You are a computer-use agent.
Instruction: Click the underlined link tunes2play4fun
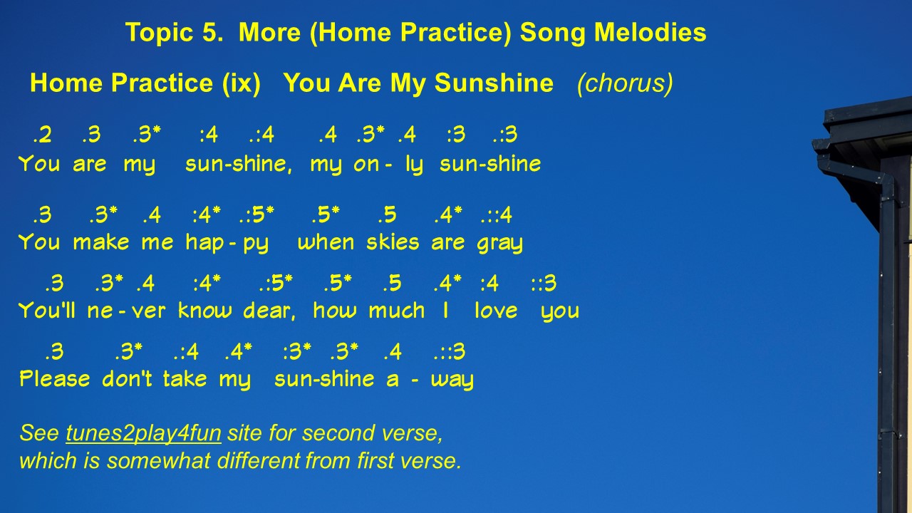(143, 433)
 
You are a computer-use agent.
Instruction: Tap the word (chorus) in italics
(625, 84)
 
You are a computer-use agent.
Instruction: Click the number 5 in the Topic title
(210, 32)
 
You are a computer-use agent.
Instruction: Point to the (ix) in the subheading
(242, 83)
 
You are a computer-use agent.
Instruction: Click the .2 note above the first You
(42, 135)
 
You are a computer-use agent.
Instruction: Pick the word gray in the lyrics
(500, 244)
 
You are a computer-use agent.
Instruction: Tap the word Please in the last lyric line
(55, 378)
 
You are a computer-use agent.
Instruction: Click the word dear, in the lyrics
(269, 311)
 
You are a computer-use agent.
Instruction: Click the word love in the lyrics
(496, 311)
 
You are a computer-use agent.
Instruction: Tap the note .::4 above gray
(497, 215)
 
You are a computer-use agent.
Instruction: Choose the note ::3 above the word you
(544, 284)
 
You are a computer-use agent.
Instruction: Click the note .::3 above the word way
(450, 352)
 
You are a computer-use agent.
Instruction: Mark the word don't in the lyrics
(127, 378)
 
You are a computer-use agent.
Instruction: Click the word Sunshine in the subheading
(494, 83)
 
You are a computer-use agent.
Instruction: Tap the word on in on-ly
(366, 165)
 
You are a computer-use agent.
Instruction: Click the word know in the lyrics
(205, 311)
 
